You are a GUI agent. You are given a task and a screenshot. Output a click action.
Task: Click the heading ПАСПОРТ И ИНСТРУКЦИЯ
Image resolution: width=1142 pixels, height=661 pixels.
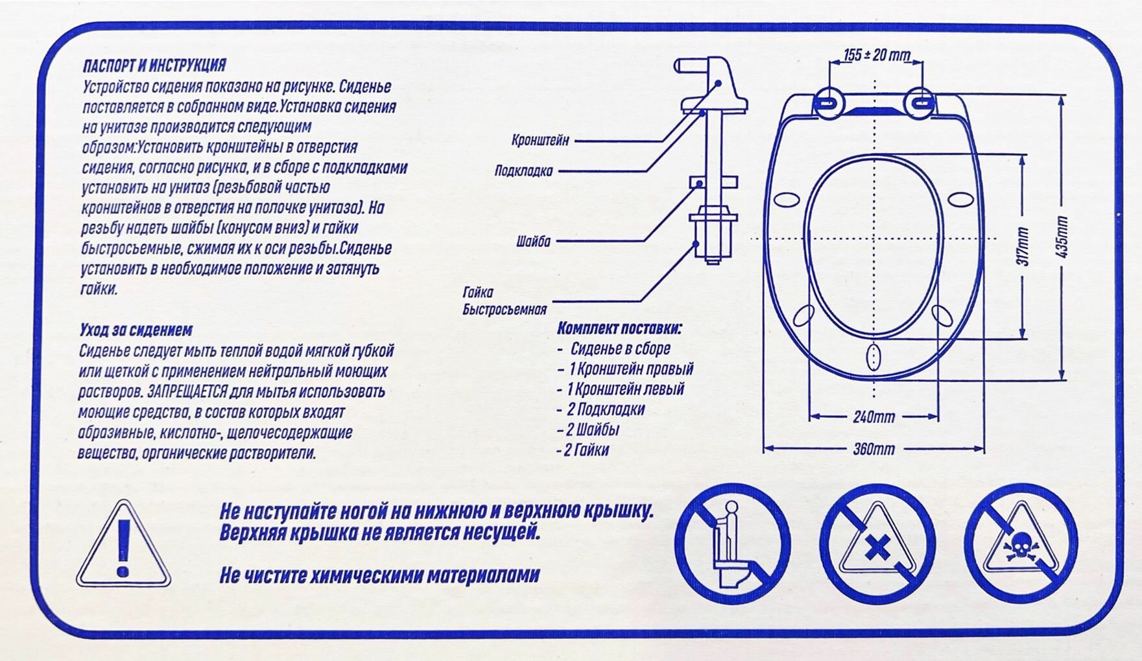pos(154,66)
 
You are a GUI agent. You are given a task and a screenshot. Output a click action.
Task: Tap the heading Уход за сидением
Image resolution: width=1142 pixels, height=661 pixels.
pos(136,330)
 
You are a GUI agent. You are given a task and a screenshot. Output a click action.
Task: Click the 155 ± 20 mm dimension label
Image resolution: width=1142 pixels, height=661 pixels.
pos(876,55)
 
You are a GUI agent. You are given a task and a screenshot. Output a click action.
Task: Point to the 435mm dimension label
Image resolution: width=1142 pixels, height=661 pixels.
pos(1062,237)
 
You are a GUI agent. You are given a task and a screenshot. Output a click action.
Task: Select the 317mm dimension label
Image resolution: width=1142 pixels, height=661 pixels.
pos(1023,246)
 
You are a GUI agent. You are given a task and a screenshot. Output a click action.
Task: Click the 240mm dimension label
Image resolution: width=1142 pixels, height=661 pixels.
pos(874,417)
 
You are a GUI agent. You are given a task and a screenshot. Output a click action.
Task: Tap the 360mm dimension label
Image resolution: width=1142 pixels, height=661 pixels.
pos(874,449)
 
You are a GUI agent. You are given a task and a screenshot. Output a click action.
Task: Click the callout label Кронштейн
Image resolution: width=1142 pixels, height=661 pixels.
pos(540,140)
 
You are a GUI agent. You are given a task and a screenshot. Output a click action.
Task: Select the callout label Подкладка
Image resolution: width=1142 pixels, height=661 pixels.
pos(523,171)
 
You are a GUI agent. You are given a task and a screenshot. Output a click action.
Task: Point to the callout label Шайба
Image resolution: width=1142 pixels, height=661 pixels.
pos(533,242)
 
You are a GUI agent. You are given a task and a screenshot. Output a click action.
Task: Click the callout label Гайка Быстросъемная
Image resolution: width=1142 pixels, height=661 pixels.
pos(504,302)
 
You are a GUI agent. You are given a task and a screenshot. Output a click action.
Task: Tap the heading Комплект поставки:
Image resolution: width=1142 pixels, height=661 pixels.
pos(619,328)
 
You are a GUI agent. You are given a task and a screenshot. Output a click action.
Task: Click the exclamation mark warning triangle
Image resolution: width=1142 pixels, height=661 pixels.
pos(123,546)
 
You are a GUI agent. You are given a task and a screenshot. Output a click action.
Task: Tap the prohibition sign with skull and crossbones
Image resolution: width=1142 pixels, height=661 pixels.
pos(1021,543)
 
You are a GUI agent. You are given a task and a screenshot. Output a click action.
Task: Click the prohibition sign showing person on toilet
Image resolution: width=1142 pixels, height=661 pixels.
pos(733,543)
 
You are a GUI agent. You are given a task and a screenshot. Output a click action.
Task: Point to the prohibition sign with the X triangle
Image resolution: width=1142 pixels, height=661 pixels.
pos(877,543)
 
